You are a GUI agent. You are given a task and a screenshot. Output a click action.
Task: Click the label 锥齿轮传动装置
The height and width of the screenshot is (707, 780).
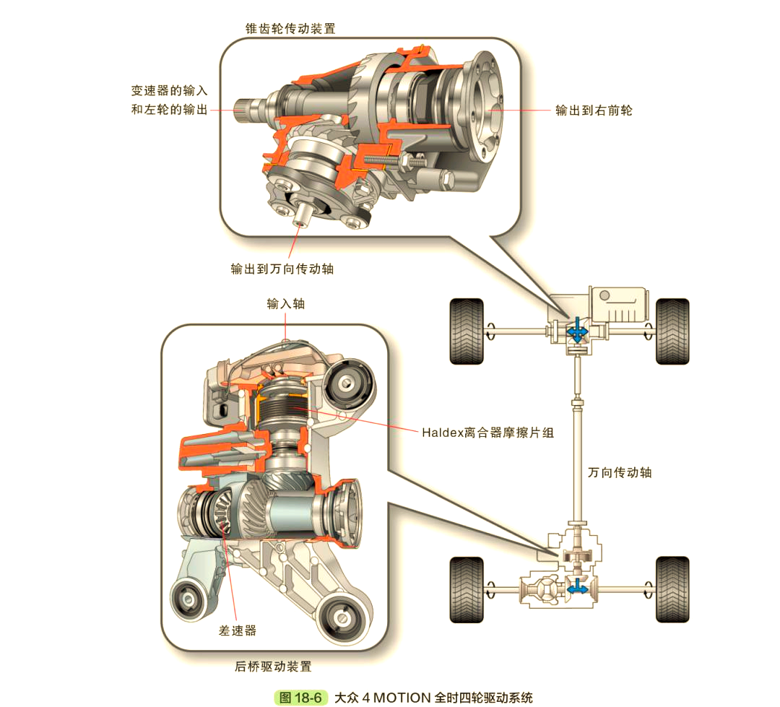pyautogui.click(x=290, y=28)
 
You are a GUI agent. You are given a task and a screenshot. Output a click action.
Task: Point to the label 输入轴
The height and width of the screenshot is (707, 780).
pyautogui.click(x=286, y=303)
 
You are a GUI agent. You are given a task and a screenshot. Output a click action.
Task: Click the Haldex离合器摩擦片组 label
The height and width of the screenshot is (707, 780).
pyautogui.click(x=488, y=433)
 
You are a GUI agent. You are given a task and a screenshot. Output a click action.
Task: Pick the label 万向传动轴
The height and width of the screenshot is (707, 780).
pyautogui.click(x=620, y=472)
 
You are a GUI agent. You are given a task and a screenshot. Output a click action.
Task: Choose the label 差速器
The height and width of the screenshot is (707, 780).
pyautogui.click(x=238, y=630)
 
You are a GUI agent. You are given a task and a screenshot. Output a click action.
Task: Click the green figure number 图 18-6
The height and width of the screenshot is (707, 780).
pyautogui.click(x=301, y=698)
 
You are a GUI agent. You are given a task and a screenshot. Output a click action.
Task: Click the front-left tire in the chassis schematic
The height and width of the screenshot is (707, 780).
pyautogui.click(x=466, y=331)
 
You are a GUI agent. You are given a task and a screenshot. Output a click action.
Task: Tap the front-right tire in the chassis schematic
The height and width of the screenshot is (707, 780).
pyautogui.click(x=672, y=331)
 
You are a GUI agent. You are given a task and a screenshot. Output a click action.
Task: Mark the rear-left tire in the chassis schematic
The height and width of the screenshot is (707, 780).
pyautogui.click(x=466, y=589)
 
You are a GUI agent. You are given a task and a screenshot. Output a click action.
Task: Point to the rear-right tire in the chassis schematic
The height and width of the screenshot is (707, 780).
pyautogui.click(x=672, y=589)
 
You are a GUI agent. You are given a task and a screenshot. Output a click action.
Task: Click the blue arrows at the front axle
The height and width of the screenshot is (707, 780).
pyautogui.click(x=577, y=331)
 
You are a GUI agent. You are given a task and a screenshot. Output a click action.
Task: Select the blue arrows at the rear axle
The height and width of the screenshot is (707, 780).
pyautogui.click(x=577, y=589)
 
